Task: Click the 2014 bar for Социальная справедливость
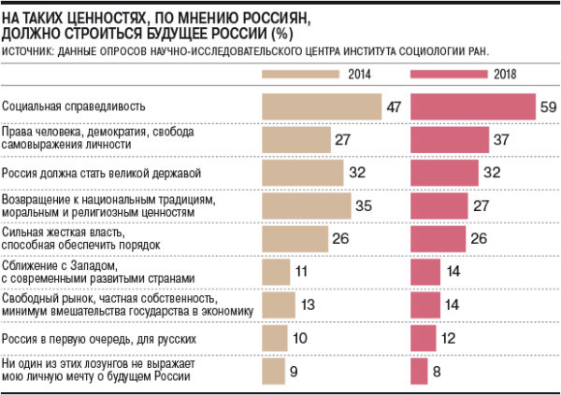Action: click(323, 107)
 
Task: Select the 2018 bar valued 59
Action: click(473, 107)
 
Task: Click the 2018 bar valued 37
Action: click(450, 140)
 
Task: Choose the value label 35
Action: click(364, 205)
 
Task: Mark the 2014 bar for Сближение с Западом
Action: click(277, 271)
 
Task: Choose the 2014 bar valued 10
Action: click(275, 336)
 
